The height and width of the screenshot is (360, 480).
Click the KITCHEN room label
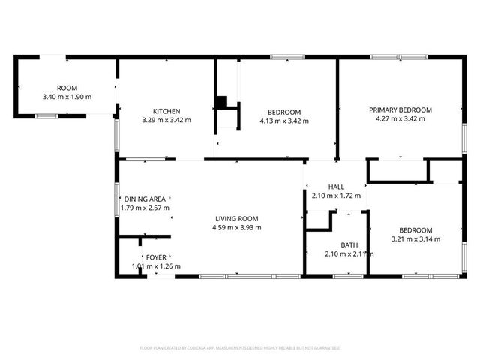tap(166, 111)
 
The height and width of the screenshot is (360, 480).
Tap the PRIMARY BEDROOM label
tap(400, 109)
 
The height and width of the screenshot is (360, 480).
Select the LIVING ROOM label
tap(235, 219)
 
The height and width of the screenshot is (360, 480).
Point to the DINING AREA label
tap(146, 199)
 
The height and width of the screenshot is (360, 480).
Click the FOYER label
tap(156, 257)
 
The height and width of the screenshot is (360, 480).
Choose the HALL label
tap(336, 187)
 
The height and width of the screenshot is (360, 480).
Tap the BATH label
tap(349, 244)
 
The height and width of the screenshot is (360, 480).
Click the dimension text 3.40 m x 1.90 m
tap(67, 97)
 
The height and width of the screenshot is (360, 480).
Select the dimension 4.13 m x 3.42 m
tap(283, 121)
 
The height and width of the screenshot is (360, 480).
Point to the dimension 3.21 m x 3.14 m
tap(415, 239)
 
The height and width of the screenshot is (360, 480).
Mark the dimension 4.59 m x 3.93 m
tap(235, 228)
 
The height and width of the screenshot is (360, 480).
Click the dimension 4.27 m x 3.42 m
tap(400, 118)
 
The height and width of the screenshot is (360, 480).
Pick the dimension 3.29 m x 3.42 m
tap(166, 120)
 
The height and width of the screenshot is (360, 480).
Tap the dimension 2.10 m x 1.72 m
tap(336, 196)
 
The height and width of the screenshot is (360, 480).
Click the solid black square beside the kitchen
tap(220, 103)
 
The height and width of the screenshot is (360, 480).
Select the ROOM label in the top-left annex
tap(67, 88)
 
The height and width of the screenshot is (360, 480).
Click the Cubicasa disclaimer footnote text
tap(240, 348)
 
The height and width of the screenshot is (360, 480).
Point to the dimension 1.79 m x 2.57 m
tap(146, 208)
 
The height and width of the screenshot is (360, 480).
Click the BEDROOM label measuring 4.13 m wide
tap(283, 112)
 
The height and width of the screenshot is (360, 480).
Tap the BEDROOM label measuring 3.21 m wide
tap(415, 230)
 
